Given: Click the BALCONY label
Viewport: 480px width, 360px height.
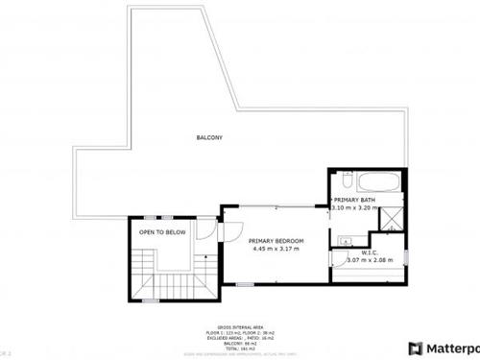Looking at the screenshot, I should pyautogui.click(x=209, y=138).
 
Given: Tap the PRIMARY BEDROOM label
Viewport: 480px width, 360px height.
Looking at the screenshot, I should pyautogui.click(x=276, y=240).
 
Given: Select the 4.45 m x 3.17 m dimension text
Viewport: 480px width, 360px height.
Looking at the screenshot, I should pyautogui.click(x=276, y=249).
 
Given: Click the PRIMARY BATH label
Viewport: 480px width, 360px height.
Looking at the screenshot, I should pyautogui.click(x=353, y=199).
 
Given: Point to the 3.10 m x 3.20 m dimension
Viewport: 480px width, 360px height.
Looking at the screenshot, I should pyautogui.click(x=354, y=207).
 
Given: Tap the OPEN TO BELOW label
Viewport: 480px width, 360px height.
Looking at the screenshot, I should pyautogui.click(x=161, y=231).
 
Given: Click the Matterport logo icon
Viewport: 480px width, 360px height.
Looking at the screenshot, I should pyautogui.click(x=416, y=348).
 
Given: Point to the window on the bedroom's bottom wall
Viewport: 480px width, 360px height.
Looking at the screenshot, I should pyautogui.click(x=246, y=284).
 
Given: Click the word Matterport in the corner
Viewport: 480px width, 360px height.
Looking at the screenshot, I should pyautogui.click(x=452, y=348).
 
